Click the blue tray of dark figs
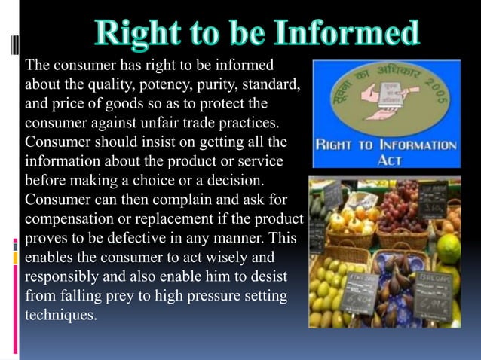pyautogui.click(x=388, y=286)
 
